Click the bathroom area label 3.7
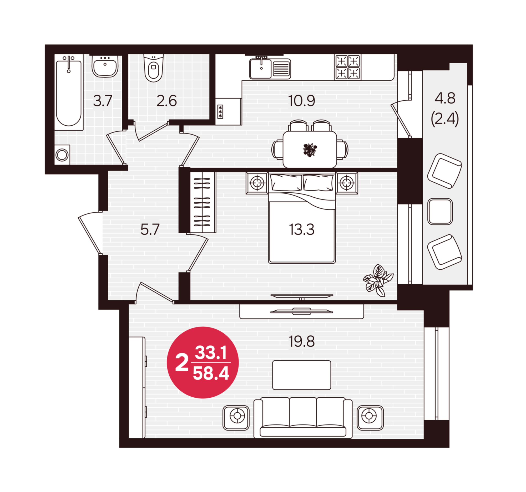[x=103, y=101]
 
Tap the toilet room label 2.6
[x=166, y=101]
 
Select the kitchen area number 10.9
[x=302, y=101]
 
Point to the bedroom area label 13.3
[x=302, y=229]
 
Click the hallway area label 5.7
[x=150, y=229]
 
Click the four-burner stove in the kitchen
[x=348, y=67]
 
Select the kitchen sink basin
[x=261, y=69]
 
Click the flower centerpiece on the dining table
[x=310, y=150]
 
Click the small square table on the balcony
[x=440, y=212]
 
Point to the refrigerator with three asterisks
[x=228, y=111]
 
